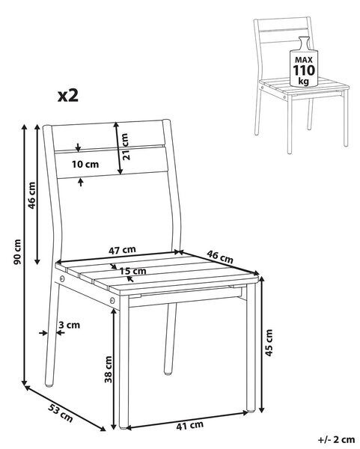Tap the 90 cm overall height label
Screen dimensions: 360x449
coord(17,251)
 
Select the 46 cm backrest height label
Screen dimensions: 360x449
coord(31,195)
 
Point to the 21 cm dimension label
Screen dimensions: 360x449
coord(125,147)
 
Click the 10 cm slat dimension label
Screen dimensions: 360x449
coord(85,165)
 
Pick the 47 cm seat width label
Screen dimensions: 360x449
coord(122,250)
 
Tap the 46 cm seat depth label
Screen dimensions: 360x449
coord(220,257)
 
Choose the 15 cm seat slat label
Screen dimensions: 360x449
coord(132,271)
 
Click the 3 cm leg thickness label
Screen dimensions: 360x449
coord(69,325)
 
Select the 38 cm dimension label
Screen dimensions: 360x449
coord(109,370)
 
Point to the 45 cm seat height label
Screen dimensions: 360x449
coord(269,343)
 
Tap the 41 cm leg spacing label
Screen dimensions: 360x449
coord(189,426)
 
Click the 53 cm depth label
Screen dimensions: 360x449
coord(60,412)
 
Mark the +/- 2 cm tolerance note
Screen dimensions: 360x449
coord(336,439)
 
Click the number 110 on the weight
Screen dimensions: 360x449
coord(304,70)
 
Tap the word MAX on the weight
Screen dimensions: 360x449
coord(304,60)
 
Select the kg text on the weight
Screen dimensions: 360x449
coord(304,82)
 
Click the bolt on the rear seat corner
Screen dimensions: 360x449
coord(62,278)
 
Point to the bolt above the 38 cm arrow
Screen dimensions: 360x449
coord(112,300)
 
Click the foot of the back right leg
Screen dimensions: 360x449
coord(168,373)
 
